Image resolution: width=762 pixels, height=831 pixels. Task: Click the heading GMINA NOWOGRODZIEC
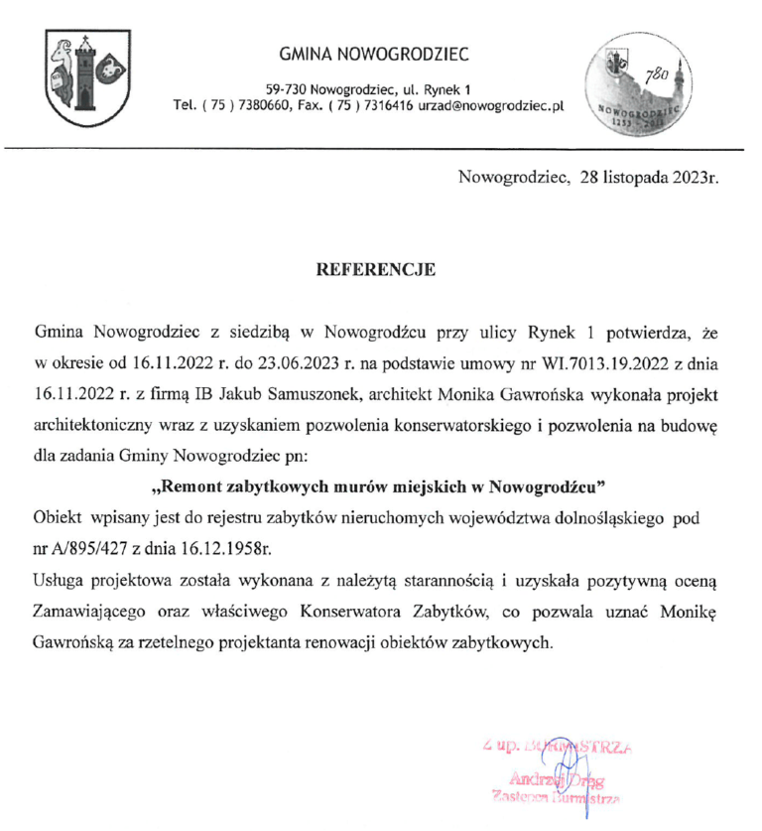point(374,54)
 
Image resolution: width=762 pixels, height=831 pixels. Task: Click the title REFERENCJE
point(374,268)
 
